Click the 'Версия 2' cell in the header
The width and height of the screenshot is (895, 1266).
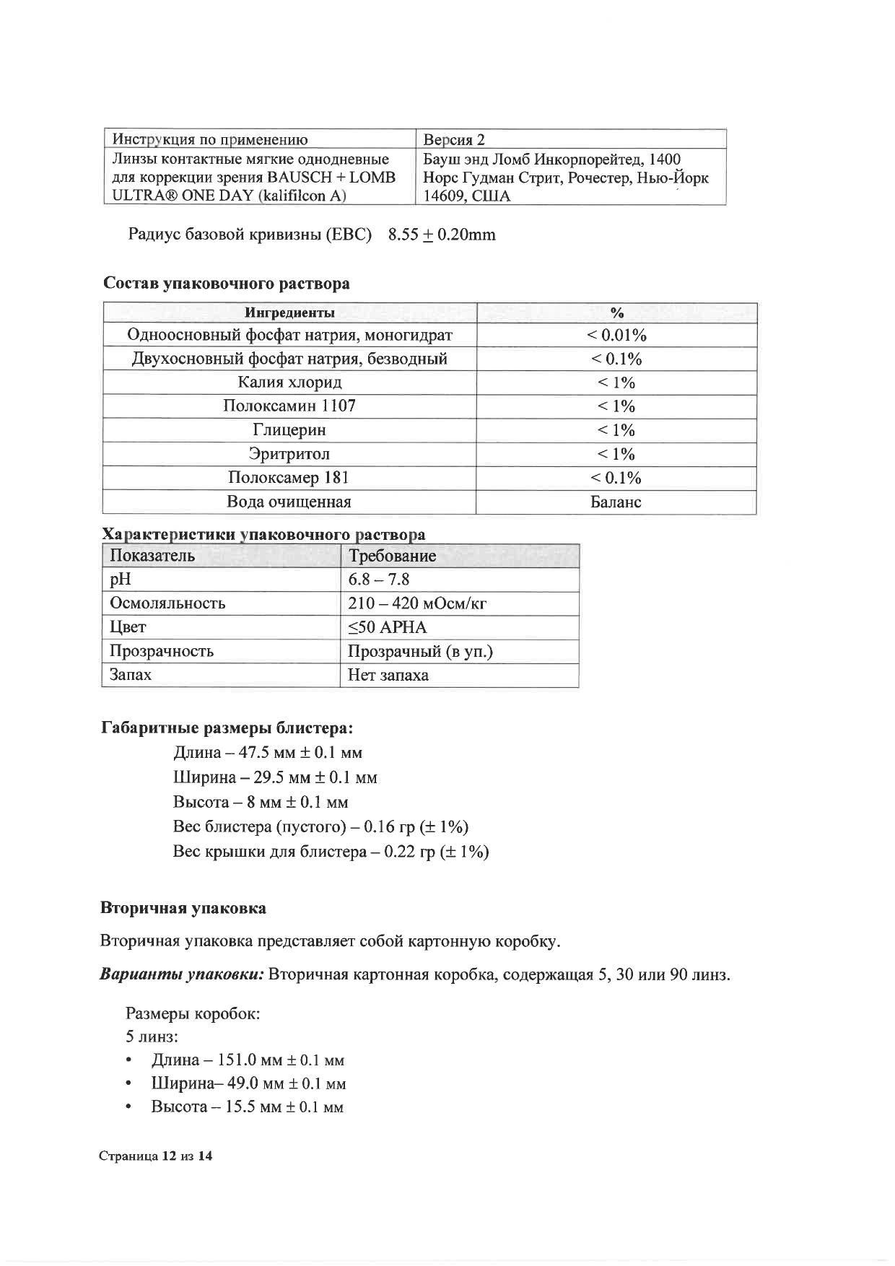pos(454,140)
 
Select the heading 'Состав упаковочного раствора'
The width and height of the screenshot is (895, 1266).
pos(227,284)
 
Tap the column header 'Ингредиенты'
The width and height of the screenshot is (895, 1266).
pos(289,313)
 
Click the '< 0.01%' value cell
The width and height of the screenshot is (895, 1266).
pos(616,335)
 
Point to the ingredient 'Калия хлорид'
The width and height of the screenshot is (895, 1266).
pos(289,383)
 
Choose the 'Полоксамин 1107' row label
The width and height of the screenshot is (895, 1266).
pos(289,406)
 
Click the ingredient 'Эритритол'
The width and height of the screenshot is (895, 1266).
pos(289,454)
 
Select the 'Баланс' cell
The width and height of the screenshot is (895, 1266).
pos(616,502)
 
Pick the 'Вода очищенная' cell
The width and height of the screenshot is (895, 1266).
pos(289,502)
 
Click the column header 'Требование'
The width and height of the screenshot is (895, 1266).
pos(392,556)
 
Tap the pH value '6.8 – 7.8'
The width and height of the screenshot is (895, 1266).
pos(379,580)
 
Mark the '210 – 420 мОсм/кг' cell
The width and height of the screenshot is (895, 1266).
pos(417,603)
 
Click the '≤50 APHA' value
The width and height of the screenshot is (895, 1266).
pos(388,627)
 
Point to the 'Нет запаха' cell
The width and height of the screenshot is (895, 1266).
pos(388,676)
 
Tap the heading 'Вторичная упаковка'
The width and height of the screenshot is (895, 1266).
pos(183,908)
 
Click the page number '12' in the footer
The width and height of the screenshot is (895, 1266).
pos(169,1156)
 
